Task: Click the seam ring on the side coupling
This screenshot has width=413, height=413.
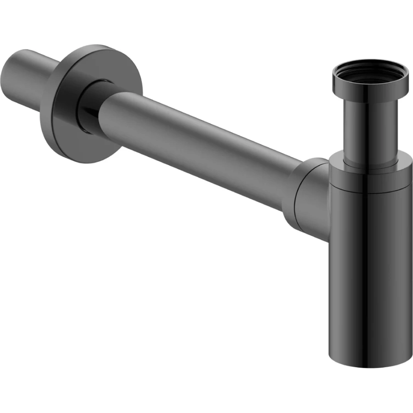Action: [294, 202]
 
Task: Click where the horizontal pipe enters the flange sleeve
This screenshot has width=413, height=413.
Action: [103, 110]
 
